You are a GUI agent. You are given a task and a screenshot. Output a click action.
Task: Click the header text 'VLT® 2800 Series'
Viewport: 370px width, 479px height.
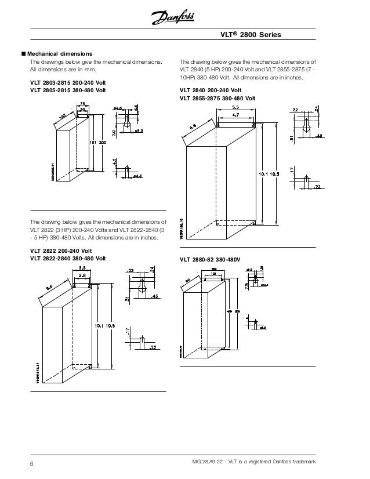[x=252, y=35]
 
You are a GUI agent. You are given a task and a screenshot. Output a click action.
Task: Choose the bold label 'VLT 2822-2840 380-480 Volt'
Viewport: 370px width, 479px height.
[x=68, y=258]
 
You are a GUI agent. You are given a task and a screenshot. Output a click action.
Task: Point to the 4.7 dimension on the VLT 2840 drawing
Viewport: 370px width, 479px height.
[x=237, y=116]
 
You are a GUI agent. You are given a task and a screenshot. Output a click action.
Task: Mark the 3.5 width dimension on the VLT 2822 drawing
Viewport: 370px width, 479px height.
[x=82, y=268]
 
